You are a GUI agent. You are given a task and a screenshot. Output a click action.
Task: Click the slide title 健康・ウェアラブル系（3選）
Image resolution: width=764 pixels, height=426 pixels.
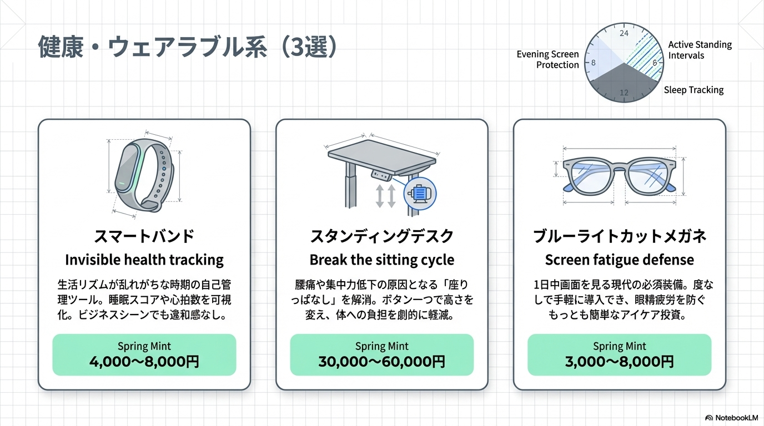188,48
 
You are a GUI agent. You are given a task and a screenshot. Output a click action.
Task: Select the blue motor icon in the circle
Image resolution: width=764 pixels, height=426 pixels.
420,193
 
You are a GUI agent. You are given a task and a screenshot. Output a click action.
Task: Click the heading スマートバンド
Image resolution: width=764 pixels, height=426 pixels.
144,236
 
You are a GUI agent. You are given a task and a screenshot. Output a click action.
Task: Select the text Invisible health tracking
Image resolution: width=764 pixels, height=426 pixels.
144,260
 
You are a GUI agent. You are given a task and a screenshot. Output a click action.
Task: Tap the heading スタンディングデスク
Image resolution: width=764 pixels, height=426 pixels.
382,236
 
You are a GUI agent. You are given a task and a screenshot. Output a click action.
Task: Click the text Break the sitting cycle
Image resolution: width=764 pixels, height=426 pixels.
382,260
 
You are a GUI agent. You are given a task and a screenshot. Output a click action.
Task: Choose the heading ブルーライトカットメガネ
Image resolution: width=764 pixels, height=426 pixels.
620,236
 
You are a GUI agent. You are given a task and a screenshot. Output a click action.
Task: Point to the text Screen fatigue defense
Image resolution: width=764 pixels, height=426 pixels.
620,260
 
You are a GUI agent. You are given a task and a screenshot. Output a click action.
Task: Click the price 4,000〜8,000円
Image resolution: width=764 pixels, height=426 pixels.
144,362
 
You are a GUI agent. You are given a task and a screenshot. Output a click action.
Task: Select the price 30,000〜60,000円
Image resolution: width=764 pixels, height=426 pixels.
382,362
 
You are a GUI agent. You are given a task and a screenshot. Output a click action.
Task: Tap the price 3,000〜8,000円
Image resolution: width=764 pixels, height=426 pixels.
620,362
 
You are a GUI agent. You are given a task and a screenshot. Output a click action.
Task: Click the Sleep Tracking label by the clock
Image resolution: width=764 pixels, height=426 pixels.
693,90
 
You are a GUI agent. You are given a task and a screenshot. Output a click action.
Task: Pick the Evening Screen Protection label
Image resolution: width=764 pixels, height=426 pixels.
547,59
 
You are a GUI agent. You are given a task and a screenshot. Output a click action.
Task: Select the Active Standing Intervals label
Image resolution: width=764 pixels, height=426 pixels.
700,50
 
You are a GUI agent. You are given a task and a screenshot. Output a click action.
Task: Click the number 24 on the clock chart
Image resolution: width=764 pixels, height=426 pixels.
624,33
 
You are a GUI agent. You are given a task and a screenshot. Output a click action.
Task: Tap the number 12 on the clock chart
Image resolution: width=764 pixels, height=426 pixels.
624,93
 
